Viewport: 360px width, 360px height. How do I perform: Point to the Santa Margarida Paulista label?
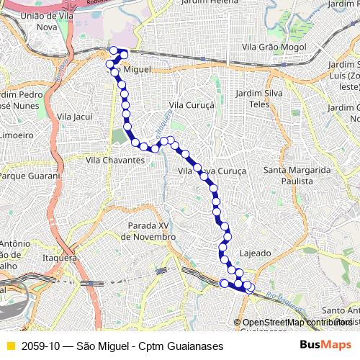[x=297, y=175]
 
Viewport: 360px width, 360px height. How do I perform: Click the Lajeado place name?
[x=255, y=253]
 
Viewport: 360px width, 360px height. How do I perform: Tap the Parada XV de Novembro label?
[x=148, y=230]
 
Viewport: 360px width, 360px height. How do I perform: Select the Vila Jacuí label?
[x=74, y=116]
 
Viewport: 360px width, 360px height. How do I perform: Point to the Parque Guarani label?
[x=29, y=176]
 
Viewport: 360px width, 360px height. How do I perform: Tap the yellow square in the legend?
[x=10, y=346]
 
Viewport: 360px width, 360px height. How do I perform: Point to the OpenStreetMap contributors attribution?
[x=295, y=323]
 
